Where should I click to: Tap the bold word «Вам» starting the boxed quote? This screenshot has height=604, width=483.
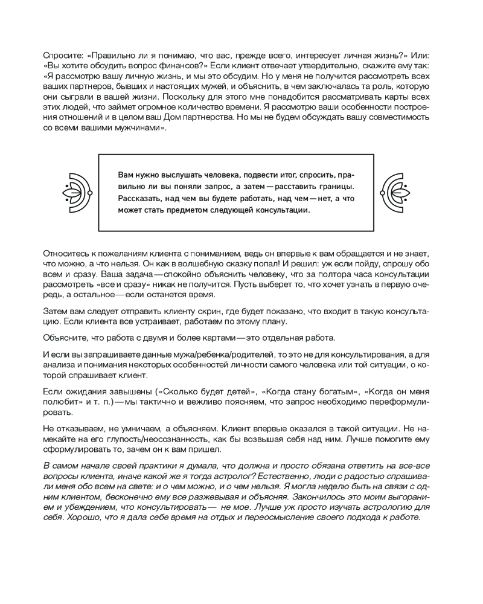[x=126, y=174]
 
